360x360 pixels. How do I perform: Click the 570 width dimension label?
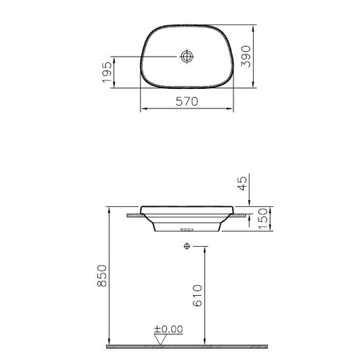187,101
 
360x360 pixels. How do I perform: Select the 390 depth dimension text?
246,57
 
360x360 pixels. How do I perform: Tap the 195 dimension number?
107,72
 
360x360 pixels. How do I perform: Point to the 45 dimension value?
243,183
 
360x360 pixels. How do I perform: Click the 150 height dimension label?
264,219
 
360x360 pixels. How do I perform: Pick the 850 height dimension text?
102,275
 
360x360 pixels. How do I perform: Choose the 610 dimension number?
197,295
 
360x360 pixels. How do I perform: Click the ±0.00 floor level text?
168,329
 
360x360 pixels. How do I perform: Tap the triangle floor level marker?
160,339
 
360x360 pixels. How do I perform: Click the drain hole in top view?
187,57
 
